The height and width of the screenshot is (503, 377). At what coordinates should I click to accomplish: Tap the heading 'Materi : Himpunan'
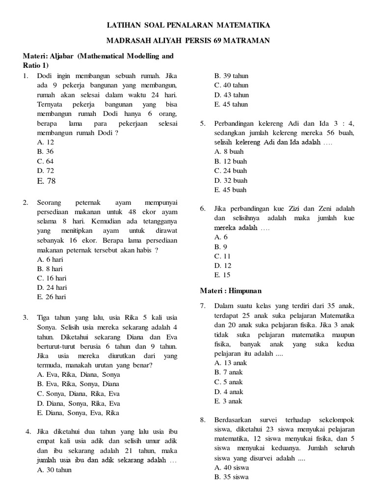[x=230, y=291]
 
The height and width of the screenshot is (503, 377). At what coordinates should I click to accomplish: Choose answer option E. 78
[x=46, y=181]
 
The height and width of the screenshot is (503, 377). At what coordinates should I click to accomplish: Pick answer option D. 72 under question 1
[x=45, y=170]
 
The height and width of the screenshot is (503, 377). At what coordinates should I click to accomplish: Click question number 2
[x=26, y=202]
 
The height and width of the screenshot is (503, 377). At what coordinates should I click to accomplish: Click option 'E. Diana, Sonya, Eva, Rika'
[x=79, y=413]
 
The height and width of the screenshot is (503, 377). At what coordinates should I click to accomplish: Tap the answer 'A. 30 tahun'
[x=54, y=470]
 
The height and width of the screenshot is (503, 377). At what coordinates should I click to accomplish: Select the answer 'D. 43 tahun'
[x=231, y=95]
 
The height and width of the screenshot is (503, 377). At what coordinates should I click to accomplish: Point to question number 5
[x=202, y=123]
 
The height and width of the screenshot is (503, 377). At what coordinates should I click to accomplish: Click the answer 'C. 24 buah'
[x=231, y=170]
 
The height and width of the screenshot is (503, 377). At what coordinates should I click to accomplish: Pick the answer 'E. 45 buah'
[x=231, y=190]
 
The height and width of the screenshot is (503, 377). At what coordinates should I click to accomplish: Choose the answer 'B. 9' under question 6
[x=220, y=247]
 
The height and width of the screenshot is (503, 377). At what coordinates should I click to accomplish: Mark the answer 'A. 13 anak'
[x=231, y=363]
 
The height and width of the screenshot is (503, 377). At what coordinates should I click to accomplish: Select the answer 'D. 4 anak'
[x=229, y=391]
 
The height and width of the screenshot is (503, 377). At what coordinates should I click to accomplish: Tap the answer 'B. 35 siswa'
[x=231, y=477]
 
